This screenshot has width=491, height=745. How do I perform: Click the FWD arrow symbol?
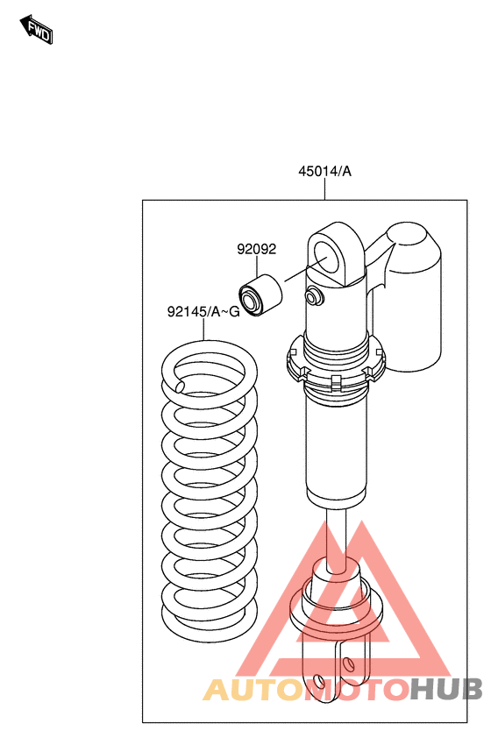36,30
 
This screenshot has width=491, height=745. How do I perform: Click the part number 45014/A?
324,171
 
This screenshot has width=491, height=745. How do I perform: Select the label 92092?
257,249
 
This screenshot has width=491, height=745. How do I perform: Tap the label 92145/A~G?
203,312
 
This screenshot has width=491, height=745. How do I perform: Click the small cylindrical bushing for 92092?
260,295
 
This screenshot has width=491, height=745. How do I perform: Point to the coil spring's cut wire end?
180,387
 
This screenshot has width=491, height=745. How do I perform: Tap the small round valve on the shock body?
312,297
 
